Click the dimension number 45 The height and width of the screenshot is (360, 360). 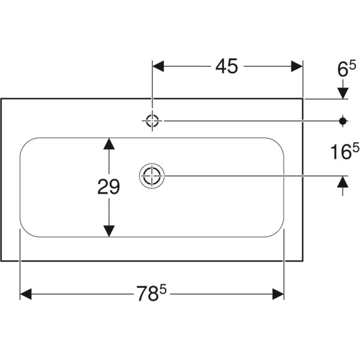tap(227, 66)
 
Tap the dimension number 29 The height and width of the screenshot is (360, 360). tap(109, 187)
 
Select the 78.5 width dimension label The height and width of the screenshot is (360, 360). tap(151, 293)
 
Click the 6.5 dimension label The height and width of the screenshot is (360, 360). tap(347, 68)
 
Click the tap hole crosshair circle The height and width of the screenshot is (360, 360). tap(152, 121)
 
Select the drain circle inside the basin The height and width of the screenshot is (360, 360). tap(152, 176)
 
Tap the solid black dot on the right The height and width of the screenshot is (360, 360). tap(343, 121)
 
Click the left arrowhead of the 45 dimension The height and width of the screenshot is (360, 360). tap(158, 67)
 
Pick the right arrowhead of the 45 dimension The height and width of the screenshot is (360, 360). tap(297, 67)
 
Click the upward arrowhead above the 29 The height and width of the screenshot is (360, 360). tap(109, 144)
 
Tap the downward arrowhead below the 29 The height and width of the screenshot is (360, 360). tap(109, 231)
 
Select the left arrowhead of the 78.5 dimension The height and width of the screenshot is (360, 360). tap(26, 294)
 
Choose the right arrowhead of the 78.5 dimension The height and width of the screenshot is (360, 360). tap(278, 294)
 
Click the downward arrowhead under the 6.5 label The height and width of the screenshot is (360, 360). tap(343, 94)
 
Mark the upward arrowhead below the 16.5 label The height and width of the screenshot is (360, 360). tap(343, 182)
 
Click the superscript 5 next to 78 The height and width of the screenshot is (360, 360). tap(163, 289)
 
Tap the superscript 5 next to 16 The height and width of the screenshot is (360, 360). tap(356, 148)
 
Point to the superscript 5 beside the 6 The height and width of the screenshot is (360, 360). tap(353, 65)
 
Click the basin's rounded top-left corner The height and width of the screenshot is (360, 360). tap(25, 143)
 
